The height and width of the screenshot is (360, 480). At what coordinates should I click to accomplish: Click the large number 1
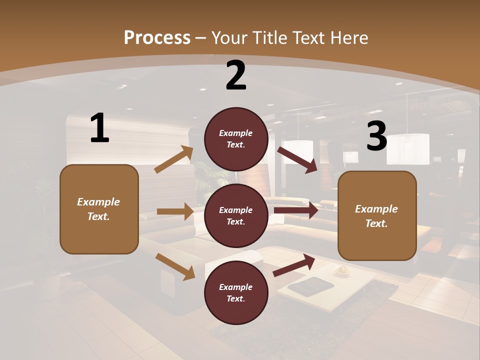[x=99, y=128]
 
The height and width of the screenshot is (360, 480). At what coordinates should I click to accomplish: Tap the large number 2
[x=236, y=75]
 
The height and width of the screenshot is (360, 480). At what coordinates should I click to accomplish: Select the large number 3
[x=376, y=136]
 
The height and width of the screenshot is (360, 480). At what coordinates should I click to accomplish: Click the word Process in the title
[x=157, y=37]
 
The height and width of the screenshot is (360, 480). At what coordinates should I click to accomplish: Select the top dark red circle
[x=236, y=139]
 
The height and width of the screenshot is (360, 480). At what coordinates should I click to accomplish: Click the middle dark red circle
[x=236, y=215]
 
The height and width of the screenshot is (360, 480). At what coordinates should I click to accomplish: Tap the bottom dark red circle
[x=236, y=292]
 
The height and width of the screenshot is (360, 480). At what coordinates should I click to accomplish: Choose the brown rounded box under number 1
[x=99, y=209]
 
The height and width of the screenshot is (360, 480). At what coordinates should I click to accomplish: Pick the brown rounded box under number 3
[x=377, y=215]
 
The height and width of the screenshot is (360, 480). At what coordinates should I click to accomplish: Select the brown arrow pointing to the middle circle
[x=175, y=211]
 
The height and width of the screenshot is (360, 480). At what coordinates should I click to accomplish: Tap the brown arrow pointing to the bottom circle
[x=175, y=266]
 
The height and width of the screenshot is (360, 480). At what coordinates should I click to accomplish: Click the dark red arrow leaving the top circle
[x=297, y=159]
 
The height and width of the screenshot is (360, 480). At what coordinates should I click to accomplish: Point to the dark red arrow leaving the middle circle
[x=295, y=210]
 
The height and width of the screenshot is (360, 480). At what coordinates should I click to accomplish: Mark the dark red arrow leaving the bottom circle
[x=294, y=265]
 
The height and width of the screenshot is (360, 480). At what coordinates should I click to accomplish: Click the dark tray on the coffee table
[x=310, y=286]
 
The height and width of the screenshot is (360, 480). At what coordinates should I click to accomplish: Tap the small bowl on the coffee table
[x=342, y=270]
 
